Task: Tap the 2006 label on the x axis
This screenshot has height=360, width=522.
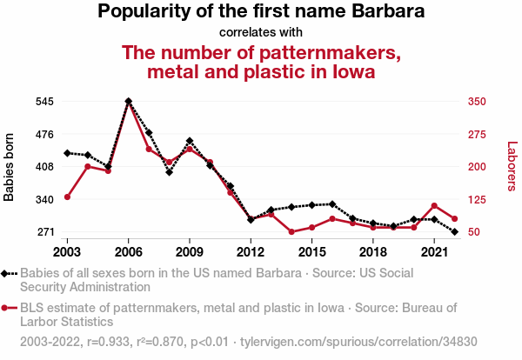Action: [x=128, y=252]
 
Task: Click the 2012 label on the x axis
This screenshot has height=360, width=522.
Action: [x=251, y=252]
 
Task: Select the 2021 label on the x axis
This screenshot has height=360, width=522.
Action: [x=433, y=252]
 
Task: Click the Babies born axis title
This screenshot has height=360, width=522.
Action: [x=10, y=167]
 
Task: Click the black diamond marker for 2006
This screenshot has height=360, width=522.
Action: [x=128, y=101]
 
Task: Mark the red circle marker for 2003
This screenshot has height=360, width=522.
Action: [x=67, y=197]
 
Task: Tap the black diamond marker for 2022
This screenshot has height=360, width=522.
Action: [x=454, y=232]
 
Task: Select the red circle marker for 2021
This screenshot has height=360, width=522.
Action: [x=433, y=205]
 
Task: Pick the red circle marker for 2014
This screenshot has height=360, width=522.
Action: [x=291, y=232]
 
